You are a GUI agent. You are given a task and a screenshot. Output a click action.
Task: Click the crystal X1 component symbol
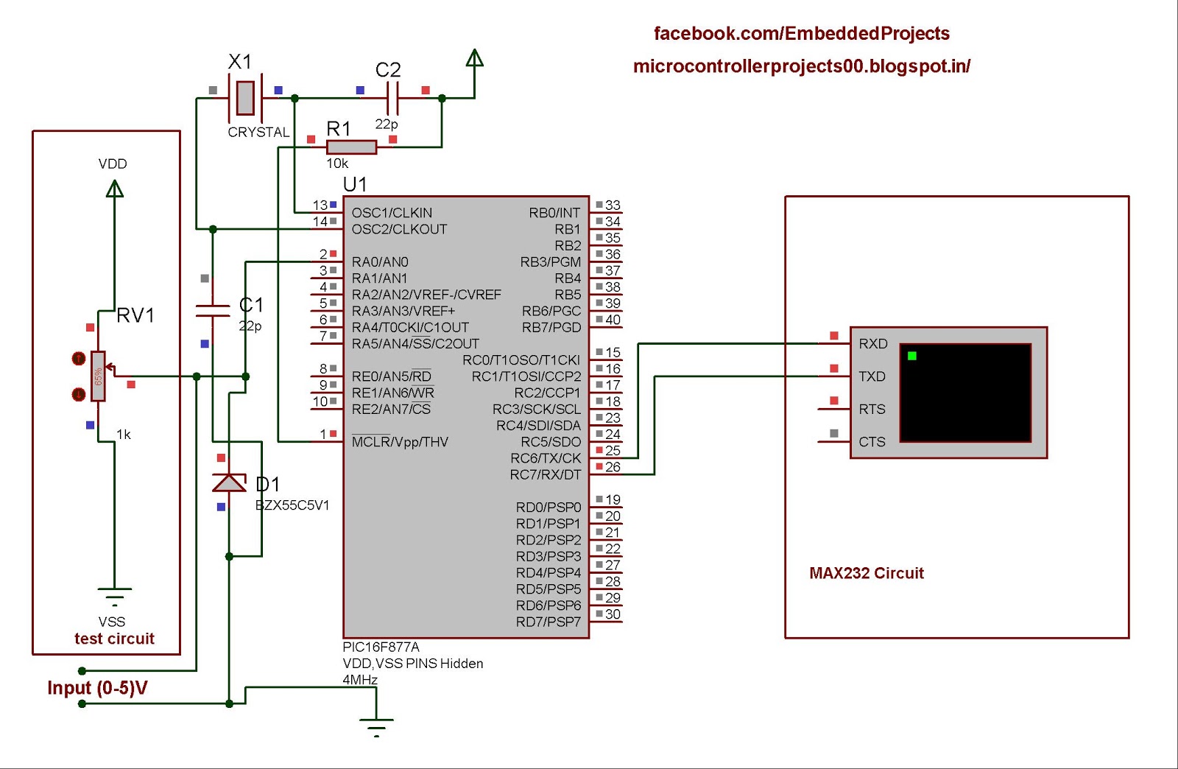coord(245,97)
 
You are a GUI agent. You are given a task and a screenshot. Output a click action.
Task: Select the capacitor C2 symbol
coord(392,97)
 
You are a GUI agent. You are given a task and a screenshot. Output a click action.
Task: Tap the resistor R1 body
coord(351,147)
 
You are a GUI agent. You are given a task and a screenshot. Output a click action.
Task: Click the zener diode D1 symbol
coord(229,483)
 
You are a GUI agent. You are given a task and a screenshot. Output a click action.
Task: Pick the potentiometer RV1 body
coord(98,376)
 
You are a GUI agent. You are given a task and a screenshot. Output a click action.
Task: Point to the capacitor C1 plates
coord(213,310)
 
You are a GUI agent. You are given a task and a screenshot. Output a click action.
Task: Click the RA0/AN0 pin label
coord(380,262)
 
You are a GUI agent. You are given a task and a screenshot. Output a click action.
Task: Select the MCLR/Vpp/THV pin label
coord(400,442)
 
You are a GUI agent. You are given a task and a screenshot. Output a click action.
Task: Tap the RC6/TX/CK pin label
coord(546,458)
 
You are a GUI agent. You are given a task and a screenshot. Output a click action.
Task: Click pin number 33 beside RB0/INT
coord(613,205)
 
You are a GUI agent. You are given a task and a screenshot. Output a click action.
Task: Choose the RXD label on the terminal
coord(873,344)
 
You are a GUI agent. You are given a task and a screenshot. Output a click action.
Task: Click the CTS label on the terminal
coord(872,442)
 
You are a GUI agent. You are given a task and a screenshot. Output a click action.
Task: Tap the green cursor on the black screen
coord(912,356)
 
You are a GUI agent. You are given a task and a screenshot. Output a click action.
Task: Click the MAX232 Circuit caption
coord(866,573)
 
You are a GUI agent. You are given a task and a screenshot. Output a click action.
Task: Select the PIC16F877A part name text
coord(381,647)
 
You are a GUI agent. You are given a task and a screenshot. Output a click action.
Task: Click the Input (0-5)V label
coord(97,688)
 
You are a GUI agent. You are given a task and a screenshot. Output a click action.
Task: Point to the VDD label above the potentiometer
coord(113,164)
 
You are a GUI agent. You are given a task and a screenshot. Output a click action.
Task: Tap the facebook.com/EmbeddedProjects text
coord(801,34)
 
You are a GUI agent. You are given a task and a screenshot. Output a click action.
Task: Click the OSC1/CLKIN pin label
coord(392,213)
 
